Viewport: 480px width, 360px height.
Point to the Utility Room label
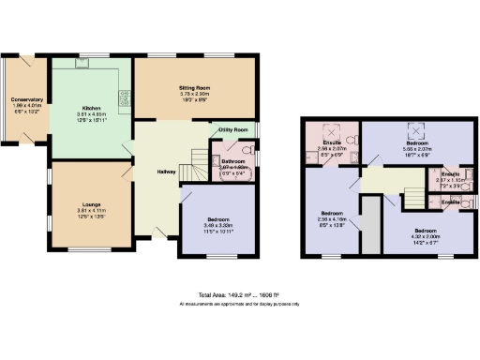tap(232, 129)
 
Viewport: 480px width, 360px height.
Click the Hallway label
tap(166, 172)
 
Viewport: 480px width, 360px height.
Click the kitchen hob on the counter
tap(124, 96)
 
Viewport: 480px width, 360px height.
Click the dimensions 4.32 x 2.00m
tap(424, 236)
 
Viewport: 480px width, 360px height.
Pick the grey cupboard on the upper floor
tap(371, 223)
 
